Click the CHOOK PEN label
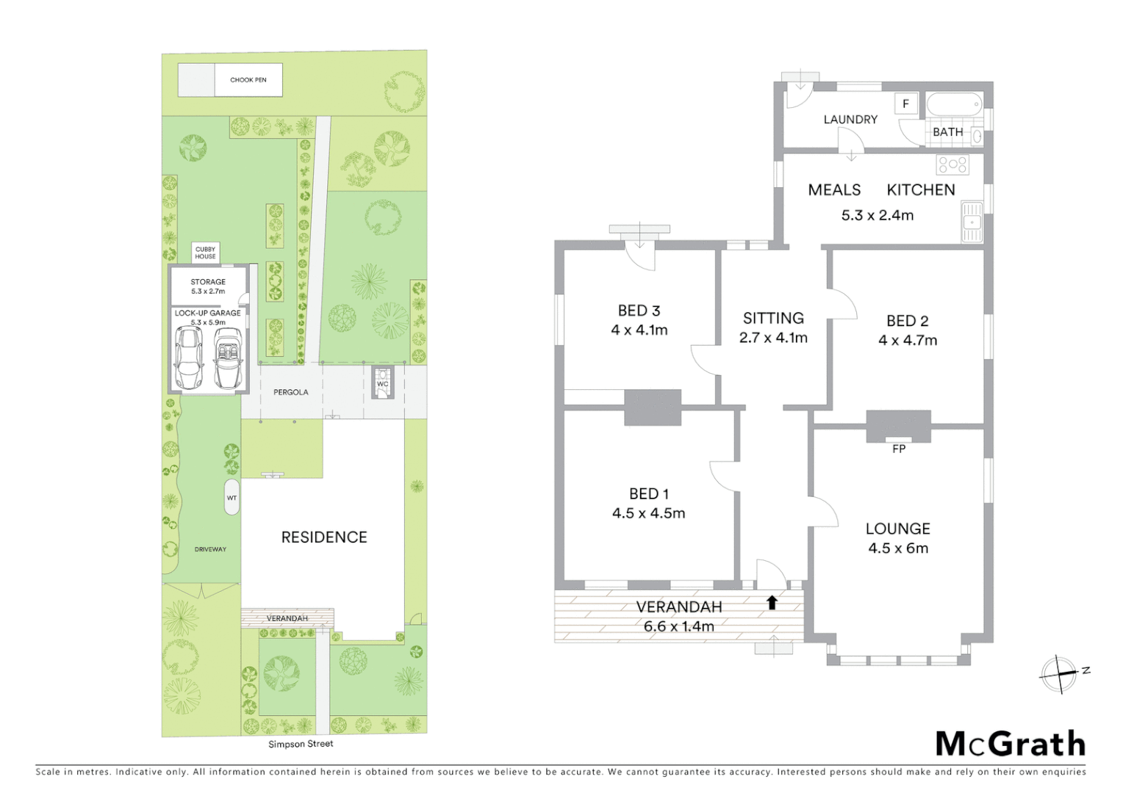[248, 80]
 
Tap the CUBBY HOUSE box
[206, 253]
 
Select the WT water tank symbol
[232, 498]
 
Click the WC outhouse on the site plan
[382, 383]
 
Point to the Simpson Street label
[301, 744]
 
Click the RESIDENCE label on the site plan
[324, 537]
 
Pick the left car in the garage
[190, 358]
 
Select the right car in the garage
[228, 358]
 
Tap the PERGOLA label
[291, 392]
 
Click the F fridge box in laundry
[905, 104]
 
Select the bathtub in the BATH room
[954, 105]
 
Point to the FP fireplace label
[898, 449]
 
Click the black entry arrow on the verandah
[772, 603]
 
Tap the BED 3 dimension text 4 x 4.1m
[639, 330]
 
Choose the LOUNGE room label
[897, 529]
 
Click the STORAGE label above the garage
[208, 282]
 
